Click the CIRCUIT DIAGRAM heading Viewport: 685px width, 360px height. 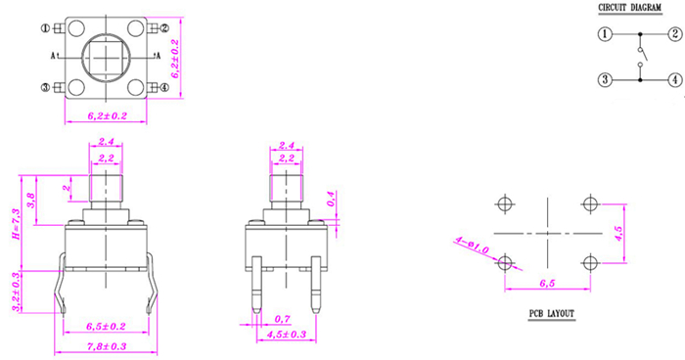(629, 8)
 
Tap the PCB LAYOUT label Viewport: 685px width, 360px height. (551, 313)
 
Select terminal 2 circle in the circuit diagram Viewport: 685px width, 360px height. (675, 33)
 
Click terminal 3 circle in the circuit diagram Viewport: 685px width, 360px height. (605, 79)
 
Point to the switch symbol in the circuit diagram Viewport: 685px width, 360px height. (641, 57)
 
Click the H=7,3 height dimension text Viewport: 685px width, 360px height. (17, 224)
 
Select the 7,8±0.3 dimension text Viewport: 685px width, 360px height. (107, 346)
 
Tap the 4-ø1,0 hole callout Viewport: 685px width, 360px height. (472, 245)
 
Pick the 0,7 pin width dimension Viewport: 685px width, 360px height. (283, 319)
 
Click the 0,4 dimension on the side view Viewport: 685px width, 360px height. (331, 199)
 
